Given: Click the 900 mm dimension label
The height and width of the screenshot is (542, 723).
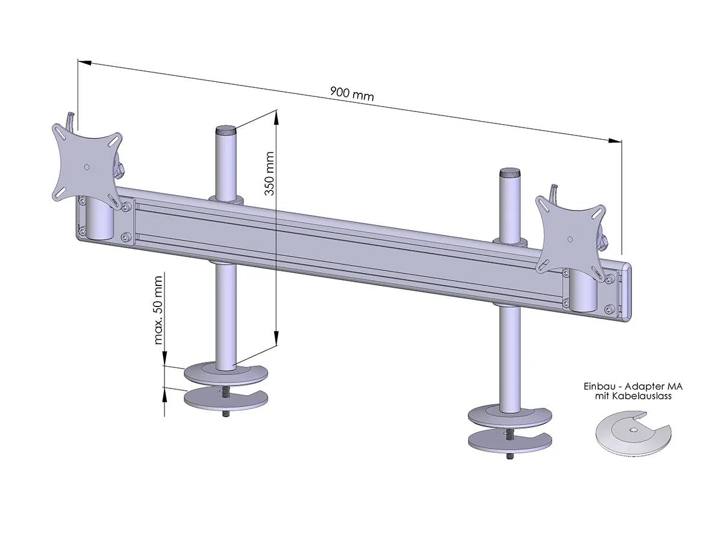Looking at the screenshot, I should click(x=352, y=95).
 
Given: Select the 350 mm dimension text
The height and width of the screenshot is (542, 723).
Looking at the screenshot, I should click(x=269, y=173).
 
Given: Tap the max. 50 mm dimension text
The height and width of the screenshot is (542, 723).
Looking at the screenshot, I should click(x=159, y=310).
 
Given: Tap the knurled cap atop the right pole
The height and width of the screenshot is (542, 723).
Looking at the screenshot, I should click(x=509, y=172).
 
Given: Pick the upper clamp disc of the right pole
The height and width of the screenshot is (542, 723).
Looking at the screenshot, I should click(x=510, y=417).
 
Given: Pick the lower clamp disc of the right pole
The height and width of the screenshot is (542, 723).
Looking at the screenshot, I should click(x=510, y=440).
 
